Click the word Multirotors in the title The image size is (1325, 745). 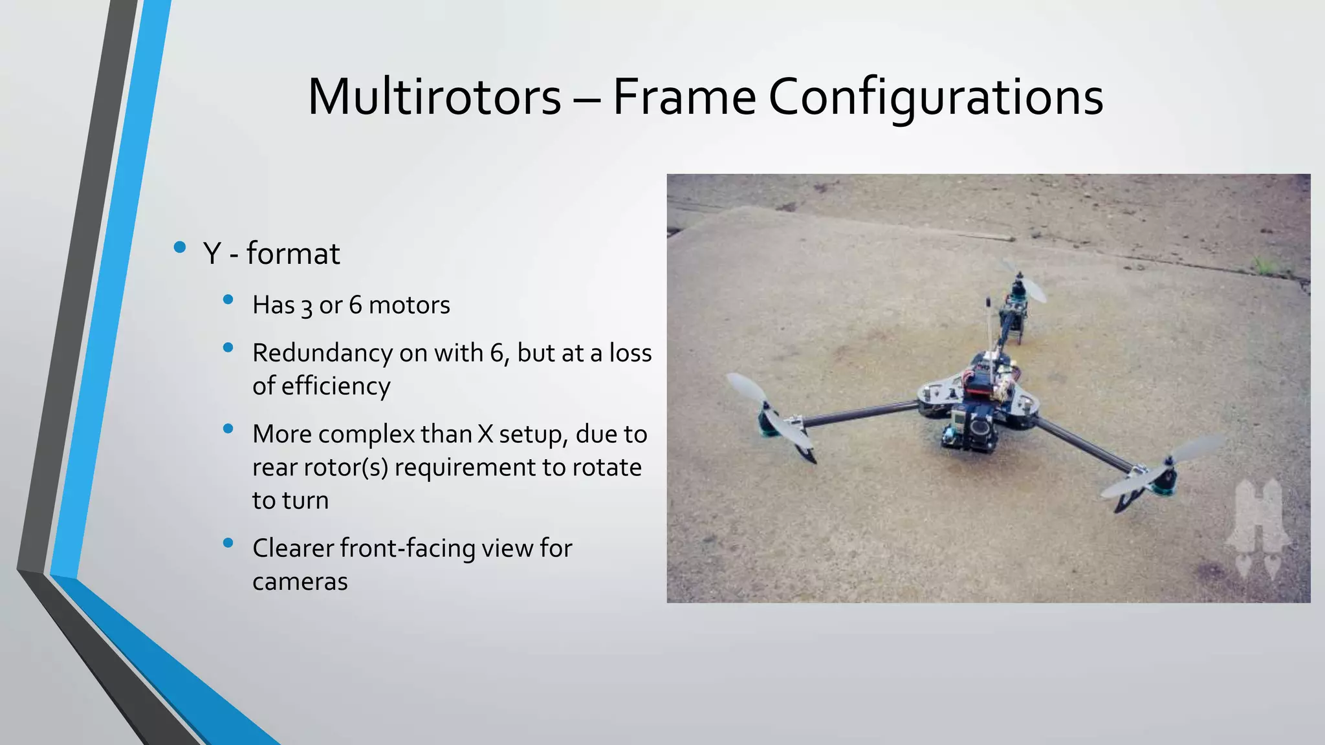[434, 97]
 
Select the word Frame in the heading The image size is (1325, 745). [684, 97]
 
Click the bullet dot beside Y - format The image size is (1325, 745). [180, 247]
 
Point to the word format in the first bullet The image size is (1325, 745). [292, 254]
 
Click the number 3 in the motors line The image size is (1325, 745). [306, 306]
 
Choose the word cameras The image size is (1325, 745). [300, 581]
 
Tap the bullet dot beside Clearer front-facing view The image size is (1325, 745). [228, 543]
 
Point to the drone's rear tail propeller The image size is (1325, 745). [1023, 282]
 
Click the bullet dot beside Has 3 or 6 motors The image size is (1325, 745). [228, 299]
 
